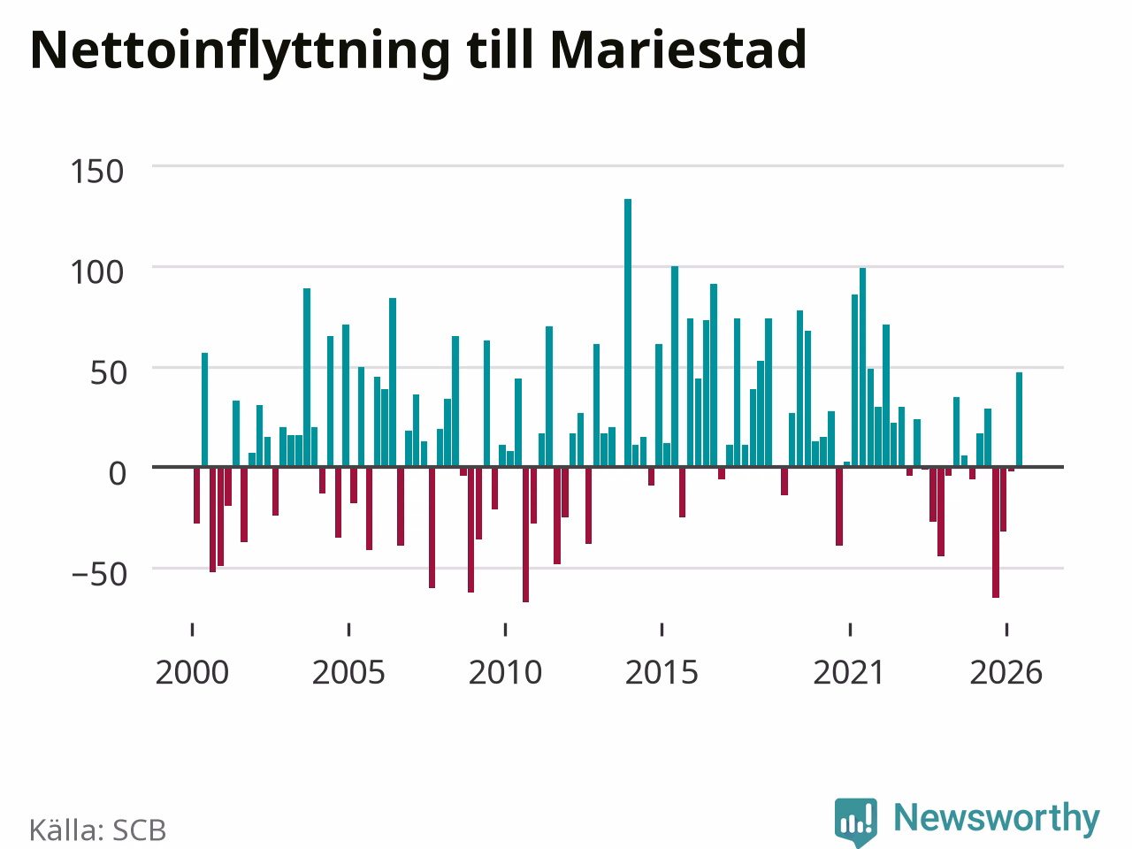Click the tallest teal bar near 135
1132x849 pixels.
[628, 333]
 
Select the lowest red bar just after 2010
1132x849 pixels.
[525, 534]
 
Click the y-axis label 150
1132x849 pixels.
[97, 172]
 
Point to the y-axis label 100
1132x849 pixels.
[97, 272]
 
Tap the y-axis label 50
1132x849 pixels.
[108, 373]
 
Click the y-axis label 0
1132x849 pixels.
[117, 473]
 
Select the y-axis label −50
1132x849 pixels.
[99, 574]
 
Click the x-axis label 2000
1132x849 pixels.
[192, 673]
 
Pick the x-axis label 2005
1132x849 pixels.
[348, 673]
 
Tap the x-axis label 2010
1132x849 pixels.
[505, 673]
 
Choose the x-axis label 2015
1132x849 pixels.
[662, 673]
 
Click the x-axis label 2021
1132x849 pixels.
[849, 673]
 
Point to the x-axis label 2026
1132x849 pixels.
[1006, 673]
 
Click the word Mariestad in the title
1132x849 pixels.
[678, 50]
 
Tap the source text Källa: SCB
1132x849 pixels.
[97, 830]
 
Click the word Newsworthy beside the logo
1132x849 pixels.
[997, 819]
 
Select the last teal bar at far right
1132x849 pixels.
[1019, 419]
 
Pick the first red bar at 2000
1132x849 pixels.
[196, 495]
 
